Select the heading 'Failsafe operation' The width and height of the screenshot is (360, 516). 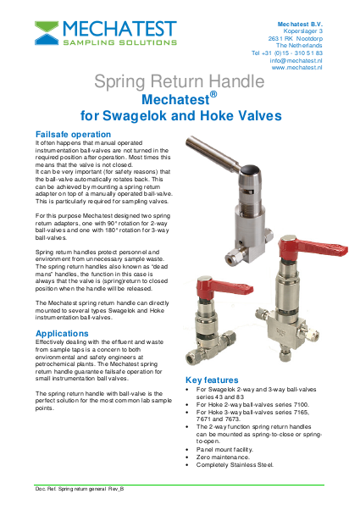tap(73, 135)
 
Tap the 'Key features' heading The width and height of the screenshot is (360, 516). tap(219, 380)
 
